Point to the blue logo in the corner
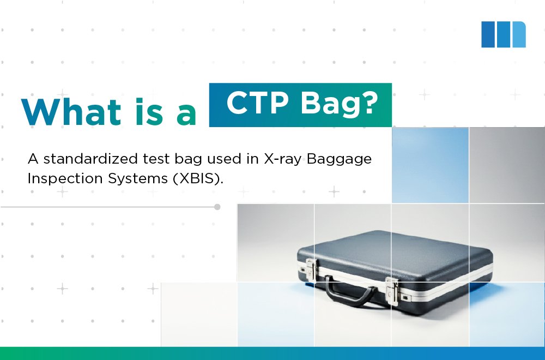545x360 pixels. pyautogui.click(x=503, y=34)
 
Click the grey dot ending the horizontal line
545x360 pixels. pyautogui.click(x=217, y=207)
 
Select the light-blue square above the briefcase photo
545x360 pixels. pyautogui.click(x=430, y=165)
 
